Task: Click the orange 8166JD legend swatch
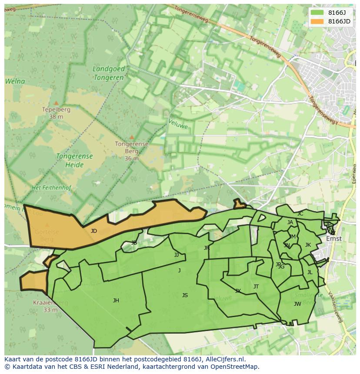[317, 21]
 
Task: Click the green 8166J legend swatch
[317, 12]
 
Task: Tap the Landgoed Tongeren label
[109, 73]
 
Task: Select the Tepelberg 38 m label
[56, 113]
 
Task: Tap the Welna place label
[15, 81]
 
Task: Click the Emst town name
[334, 238]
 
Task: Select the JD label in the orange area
[94, 231]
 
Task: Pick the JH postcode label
[116, 301]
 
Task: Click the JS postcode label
[185, 295]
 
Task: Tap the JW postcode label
[297, 304]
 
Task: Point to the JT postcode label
[256, 287]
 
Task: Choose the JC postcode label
[300, 214]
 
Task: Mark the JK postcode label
[308, 245]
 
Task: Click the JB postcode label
[134, 243]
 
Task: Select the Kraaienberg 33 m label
[50, 306]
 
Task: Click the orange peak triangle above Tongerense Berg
[132, 137]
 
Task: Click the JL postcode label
[310, 273]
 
